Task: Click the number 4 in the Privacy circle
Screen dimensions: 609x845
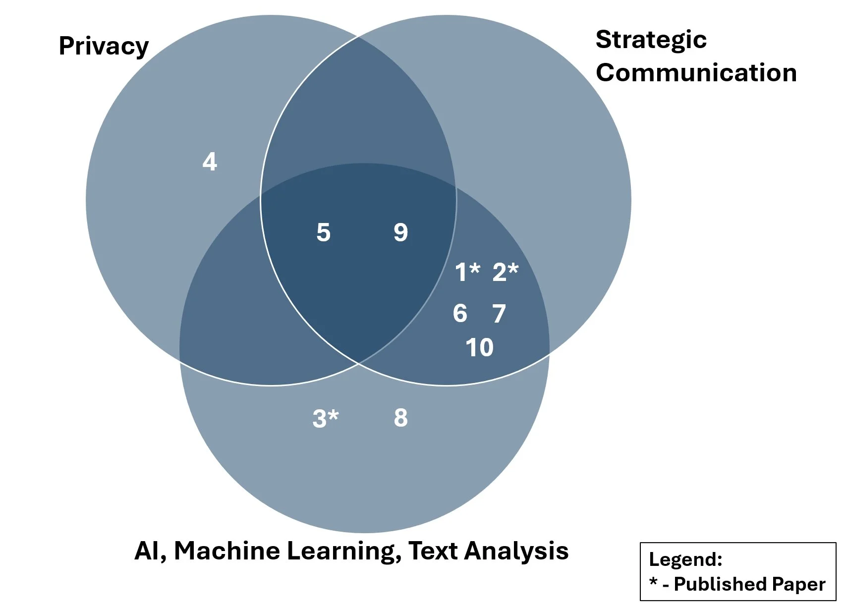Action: [x=210, y=162]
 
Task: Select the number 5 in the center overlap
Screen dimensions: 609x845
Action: [x=323, y=232]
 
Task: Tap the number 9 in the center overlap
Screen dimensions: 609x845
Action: [x=400, y=232]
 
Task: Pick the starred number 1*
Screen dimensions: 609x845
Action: [x=467, y=272]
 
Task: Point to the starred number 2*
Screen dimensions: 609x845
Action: [x=505, y=272]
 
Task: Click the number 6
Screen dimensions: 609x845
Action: [x=460, y=313]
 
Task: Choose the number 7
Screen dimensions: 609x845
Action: [x=499, y=314]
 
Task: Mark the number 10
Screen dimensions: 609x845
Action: [x=479, y=347]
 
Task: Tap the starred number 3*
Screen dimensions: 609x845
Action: [x=325, y=418]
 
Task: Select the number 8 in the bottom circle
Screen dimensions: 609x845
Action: [x=400, y=418]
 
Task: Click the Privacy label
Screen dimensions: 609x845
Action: [x=104, y=47]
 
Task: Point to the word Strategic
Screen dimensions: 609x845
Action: [x=651, y=40]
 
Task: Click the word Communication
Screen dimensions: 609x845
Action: [x=696, y=73]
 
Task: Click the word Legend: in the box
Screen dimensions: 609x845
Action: [x=685, y=559]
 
